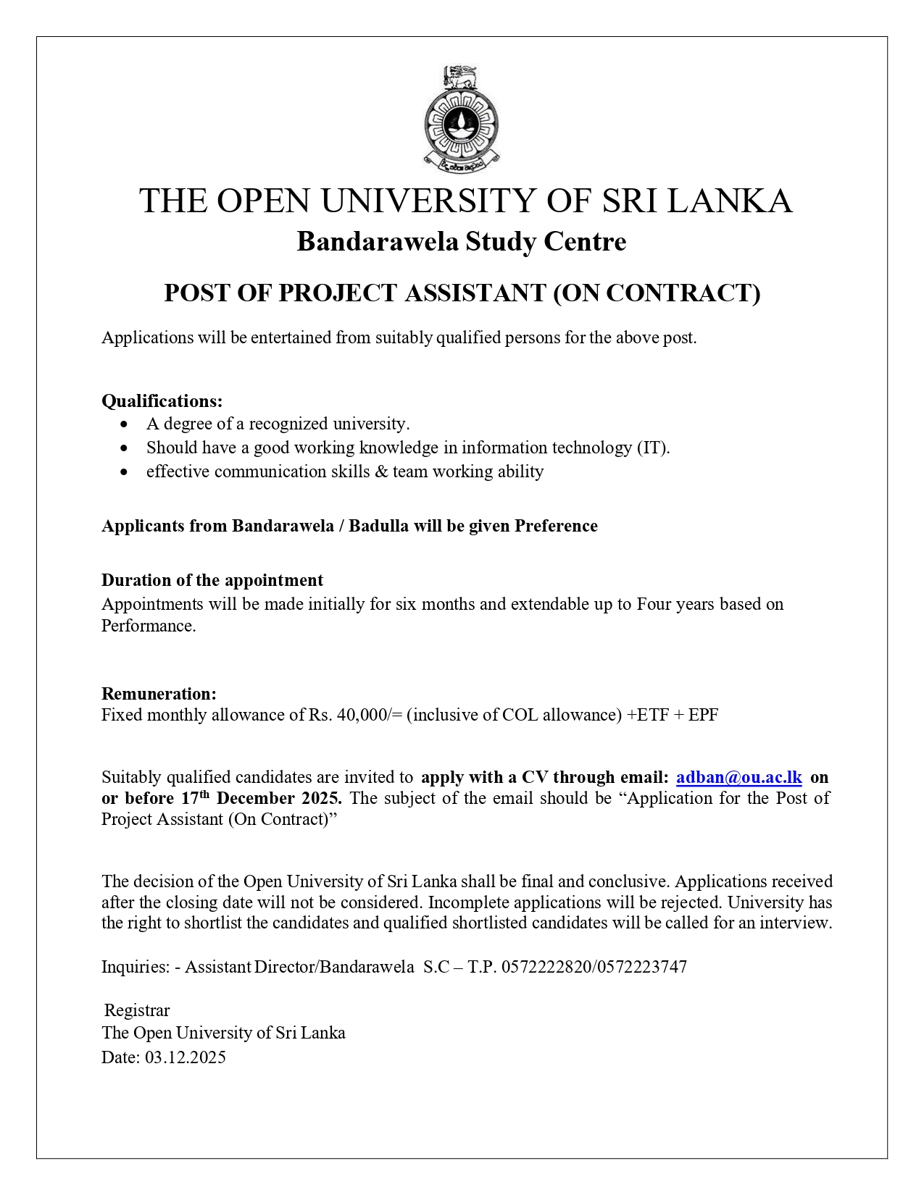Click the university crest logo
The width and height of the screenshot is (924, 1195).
pos(462,118)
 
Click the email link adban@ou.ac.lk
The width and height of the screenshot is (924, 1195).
pos(738,777)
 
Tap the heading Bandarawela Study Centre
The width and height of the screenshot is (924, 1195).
pos(462,241)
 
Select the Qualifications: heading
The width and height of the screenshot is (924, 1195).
pos(162,401)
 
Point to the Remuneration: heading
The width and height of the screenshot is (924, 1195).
pos(159,694)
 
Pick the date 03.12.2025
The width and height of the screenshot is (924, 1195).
pos(186,1057)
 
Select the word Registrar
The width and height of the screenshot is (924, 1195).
pos(137,1010)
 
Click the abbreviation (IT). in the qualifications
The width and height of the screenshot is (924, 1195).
pos(653,448)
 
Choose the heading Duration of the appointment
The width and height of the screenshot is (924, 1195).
pos(212,580)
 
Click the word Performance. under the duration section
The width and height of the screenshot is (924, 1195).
pos(149,626)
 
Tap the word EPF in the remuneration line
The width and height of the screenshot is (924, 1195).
pos(703,715)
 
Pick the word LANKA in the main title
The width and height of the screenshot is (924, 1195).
pos(729,201)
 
